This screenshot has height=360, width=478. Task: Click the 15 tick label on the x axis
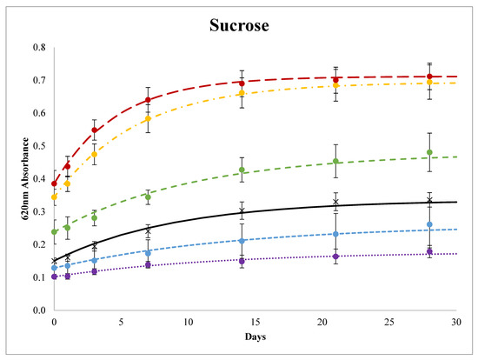tap(256, 320)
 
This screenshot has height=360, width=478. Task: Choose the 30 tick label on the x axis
tap(457, 320)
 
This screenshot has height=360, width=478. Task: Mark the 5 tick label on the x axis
tap(121, 320)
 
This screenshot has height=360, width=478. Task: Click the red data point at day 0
tap(54, 183)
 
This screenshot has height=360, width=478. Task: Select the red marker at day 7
tap(148, 100)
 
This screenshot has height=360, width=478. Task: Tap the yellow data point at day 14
tap(242, 93)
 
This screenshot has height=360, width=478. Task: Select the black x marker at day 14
tap(242, 210)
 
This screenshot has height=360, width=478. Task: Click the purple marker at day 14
tap(242, 261)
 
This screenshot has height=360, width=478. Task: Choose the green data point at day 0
tap(54, 231)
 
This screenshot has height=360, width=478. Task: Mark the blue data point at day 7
tap(148, 252)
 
